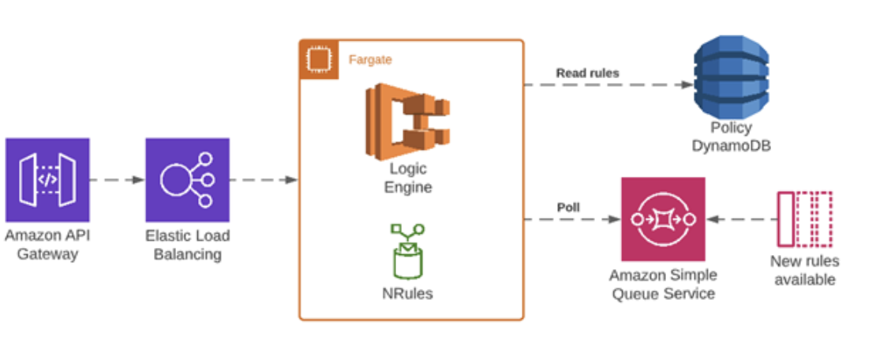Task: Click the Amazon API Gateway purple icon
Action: (47, 179)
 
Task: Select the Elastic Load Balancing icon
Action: (187, 179)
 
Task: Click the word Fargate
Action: (370, 59)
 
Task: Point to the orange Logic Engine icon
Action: (407, 119)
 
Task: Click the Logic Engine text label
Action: (408, 178)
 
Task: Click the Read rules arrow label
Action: (587, 73)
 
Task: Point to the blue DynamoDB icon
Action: (731, 78)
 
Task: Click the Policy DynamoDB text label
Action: (731, 137)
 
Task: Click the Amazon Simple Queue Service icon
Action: (662, 219)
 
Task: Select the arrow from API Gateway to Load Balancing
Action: (117, 180)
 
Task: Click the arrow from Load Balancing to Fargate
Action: (263, 180)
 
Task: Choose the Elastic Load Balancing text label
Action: (187, 244)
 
